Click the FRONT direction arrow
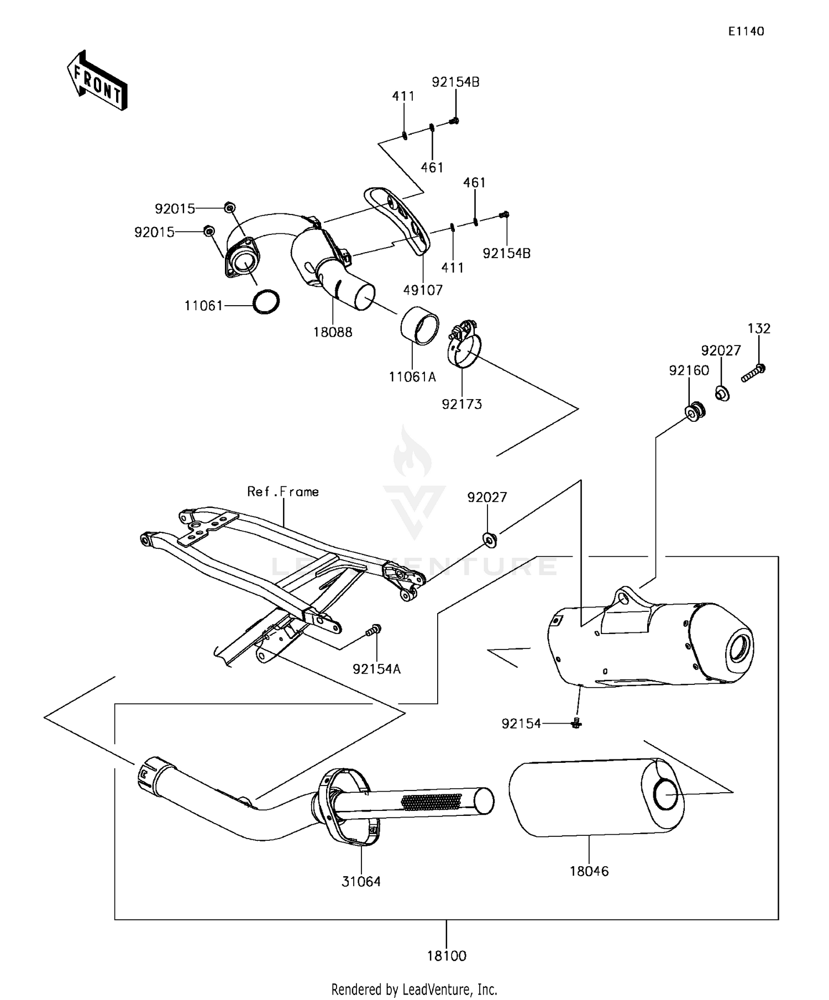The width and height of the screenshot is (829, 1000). coord(97,81)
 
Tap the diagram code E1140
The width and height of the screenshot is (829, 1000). coord(746,32)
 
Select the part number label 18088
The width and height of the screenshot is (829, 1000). coord(333,332)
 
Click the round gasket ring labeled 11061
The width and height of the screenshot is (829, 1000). coord(266,302)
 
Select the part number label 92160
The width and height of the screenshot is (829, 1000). coord(689,370)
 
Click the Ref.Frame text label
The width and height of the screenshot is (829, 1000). coord(282,491)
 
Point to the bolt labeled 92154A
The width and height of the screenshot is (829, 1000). coord(374,630)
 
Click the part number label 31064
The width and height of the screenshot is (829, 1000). coord(361,881)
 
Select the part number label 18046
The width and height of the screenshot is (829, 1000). coord(589,871)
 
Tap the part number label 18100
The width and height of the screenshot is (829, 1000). coord(447,955)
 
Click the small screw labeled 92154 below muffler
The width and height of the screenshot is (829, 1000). coord(577,722)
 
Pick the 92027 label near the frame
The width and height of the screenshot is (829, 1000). coord(487,498)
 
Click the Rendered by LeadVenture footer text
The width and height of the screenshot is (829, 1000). coord(414,988)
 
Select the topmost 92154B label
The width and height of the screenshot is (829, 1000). coord(455,82)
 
